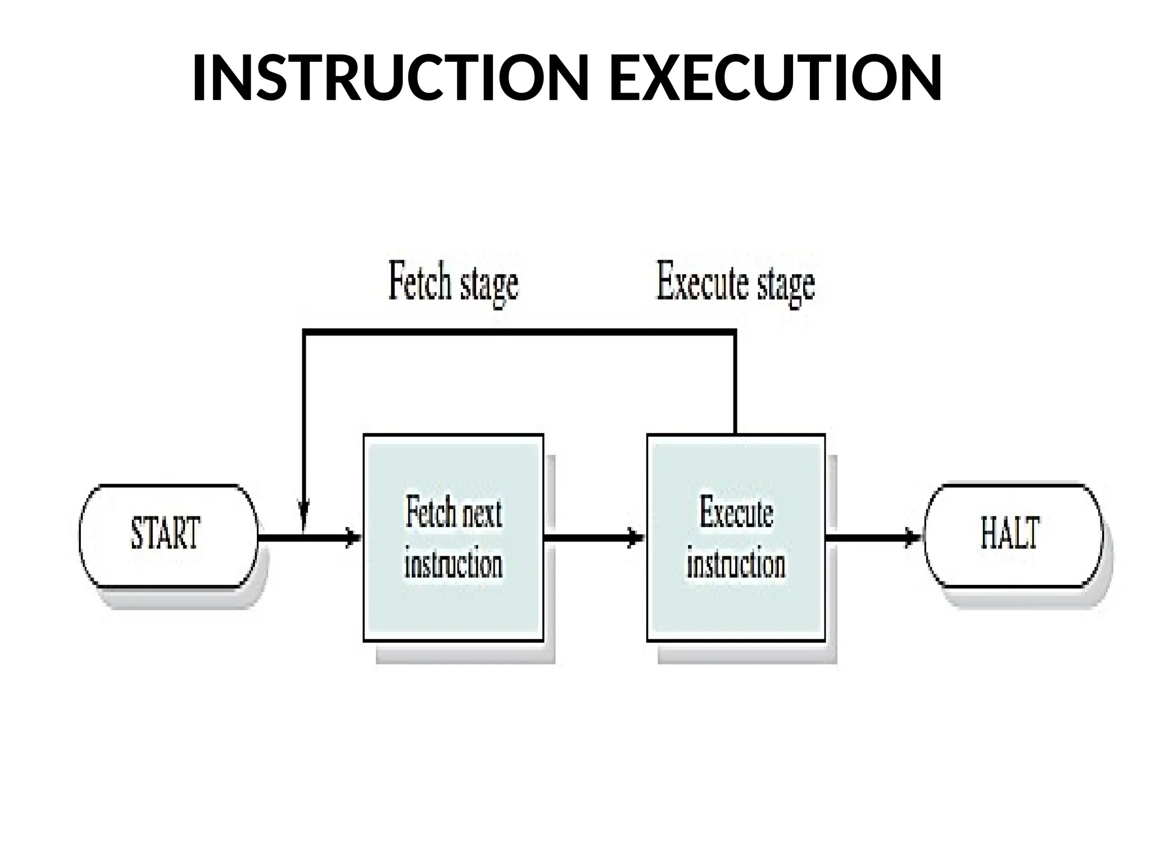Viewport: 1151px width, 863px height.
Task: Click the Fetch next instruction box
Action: [453, 537]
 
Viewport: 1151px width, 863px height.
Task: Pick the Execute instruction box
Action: [736, 537]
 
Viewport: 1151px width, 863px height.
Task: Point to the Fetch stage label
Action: [453, 284]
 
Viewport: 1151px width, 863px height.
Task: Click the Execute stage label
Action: [736, 284]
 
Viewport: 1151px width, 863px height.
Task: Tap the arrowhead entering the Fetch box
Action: [354, 537]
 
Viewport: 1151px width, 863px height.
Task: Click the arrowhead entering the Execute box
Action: [637, 537]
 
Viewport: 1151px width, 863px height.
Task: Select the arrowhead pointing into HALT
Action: [914, 537]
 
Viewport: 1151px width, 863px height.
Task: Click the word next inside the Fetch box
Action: [478, 512]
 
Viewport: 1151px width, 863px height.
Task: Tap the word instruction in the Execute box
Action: [736, 564]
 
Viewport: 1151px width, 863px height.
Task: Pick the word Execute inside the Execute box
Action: [736, 512]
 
